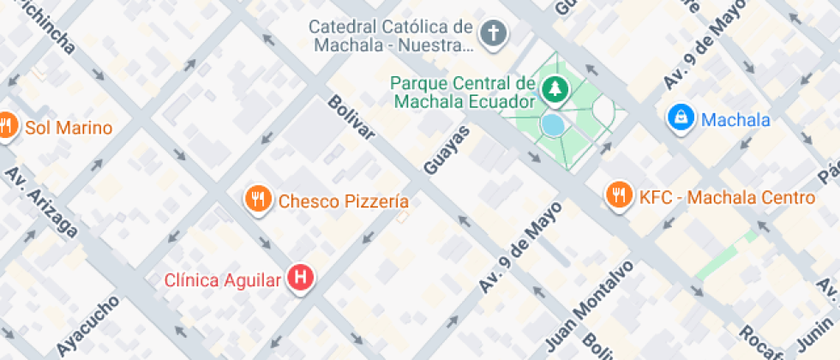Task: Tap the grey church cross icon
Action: [493, 35]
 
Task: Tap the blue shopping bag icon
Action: [681, 118]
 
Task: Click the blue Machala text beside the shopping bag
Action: [735, 120]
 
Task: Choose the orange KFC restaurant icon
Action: [618, 196]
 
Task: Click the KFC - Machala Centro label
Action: [727, 198]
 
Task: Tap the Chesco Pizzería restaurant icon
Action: [257, 200]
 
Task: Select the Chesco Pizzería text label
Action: [343, 202]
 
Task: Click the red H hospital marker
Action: [301, 279]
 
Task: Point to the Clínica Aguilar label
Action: [223, 279]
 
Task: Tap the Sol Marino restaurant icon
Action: [5, 127]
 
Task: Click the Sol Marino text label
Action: [69, 129]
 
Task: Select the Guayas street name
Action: [447, 147]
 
